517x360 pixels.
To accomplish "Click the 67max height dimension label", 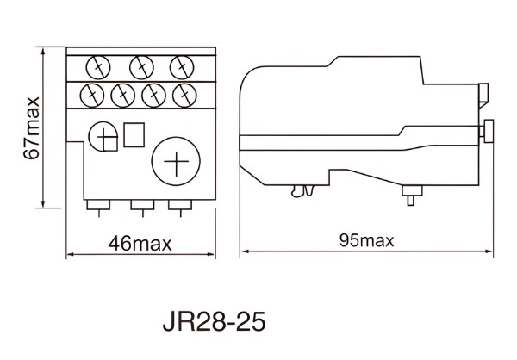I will [x=31, y=127].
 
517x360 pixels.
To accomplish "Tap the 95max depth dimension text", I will [x=365, y=240].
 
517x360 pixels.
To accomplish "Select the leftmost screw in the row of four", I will [x=90, y=92].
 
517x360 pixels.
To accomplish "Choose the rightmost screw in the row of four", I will [x=183, y=92].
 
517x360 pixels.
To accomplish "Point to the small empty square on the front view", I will [x=134, y=135].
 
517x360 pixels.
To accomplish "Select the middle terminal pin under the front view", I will [x=140, y=205].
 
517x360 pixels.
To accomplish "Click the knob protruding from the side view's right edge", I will [x=488, y=131].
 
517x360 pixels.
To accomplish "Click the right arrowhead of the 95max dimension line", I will [x=489, y=251].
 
